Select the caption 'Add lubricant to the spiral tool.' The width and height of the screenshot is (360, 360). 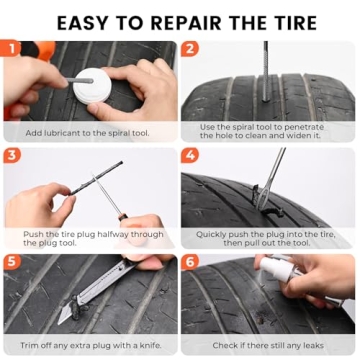tap(90, 131)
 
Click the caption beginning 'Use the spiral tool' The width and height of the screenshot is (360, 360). tap(270, 130)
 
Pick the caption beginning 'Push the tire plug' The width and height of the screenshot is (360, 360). tap(90, 238)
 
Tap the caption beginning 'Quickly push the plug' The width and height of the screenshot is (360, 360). tap(270, 238)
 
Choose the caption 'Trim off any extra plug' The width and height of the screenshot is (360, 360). tap(90, 346)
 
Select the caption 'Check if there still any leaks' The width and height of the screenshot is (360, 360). tap(270, 346)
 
